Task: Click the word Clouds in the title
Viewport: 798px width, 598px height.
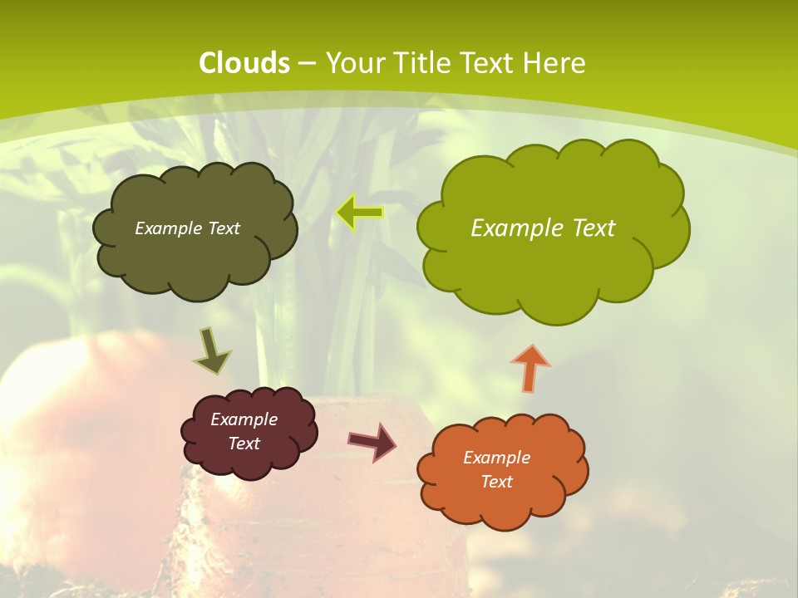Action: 244,63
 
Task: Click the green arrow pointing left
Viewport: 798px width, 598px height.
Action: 360,213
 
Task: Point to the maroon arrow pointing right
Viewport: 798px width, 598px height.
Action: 372,442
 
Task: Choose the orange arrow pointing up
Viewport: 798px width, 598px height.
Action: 530,367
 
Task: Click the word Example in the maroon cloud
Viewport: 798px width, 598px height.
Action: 244,419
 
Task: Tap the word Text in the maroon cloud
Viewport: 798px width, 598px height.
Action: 244,444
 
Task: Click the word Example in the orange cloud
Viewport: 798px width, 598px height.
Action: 496,458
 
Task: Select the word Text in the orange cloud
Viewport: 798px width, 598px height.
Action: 496,482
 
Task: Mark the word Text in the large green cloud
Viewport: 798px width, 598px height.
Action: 593,228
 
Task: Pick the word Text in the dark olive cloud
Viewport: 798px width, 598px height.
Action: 224,228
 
